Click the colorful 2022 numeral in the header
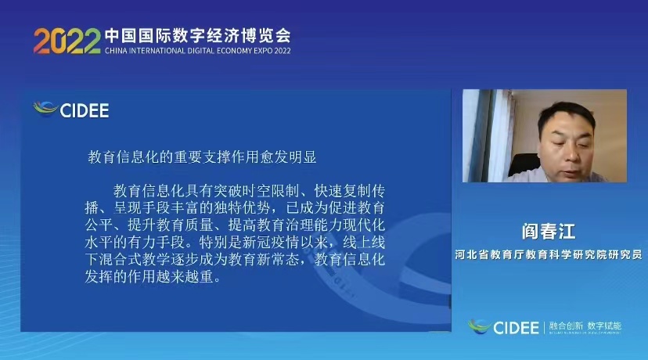click(x=67, y=41)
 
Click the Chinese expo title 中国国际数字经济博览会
click(x=198, y=36)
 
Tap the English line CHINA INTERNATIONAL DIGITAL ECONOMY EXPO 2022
click(x=197, y=51)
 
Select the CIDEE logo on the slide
click(x=71, y=110)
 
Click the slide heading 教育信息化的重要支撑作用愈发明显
click(x=202, y=157)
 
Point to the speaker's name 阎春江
click(x=548, y=231)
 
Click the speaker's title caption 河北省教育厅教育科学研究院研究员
click(x=549, y=254)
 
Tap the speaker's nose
click(x=569, y=153)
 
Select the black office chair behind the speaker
click(x=522, y=164)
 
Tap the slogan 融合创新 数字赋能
click(x=585, y=326)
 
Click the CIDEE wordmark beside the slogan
click(x=517, y=328)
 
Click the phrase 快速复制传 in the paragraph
click(x=350, y=191)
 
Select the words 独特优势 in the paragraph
click(x=242, y=208)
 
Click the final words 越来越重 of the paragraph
click(x=185, y=276)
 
